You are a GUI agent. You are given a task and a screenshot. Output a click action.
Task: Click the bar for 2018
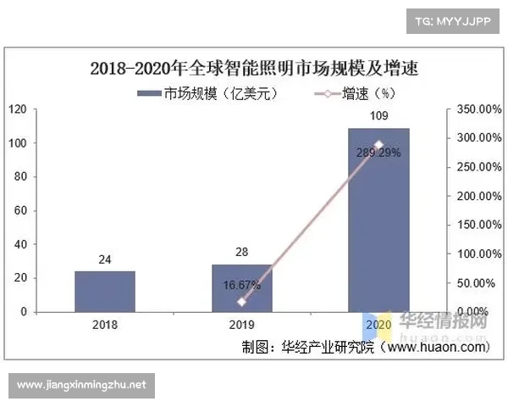click(x=104, y=292)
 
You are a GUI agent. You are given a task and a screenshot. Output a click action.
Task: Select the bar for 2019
click(x=241, y=288)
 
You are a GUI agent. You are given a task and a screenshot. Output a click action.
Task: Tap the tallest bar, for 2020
click(x=378, y=220)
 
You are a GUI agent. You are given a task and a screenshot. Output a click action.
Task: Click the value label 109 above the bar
click(x=378, y=116)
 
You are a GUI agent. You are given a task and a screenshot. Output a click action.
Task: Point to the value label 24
click(x=104, y=260)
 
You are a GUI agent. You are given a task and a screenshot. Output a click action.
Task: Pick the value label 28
click(x=241, y=254)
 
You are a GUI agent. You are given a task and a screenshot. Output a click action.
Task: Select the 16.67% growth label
click(x=242, y=286)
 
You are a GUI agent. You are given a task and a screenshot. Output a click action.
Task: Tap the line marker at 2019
click(x=242, y=302)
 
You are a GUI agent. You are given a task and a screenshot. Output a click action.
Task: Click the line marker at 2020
click(x=378, y=144)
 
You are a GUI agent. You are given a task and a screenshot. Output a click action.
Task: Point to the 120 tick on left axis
click(x=17, y=109)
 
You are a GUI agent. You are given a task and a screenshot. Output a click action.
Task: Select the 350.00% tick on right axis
click(x=474, y=109)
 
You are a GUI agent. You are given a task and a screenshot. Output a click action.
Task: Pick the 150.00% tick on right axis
click(x=474, y=225)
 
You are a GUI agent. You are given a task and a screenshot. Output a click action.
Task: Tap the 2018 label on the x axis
click(x=104, y=325)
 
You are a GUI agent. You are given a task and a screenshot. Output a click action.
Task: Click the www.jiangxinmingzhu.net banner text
click(x=81, y=384)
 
